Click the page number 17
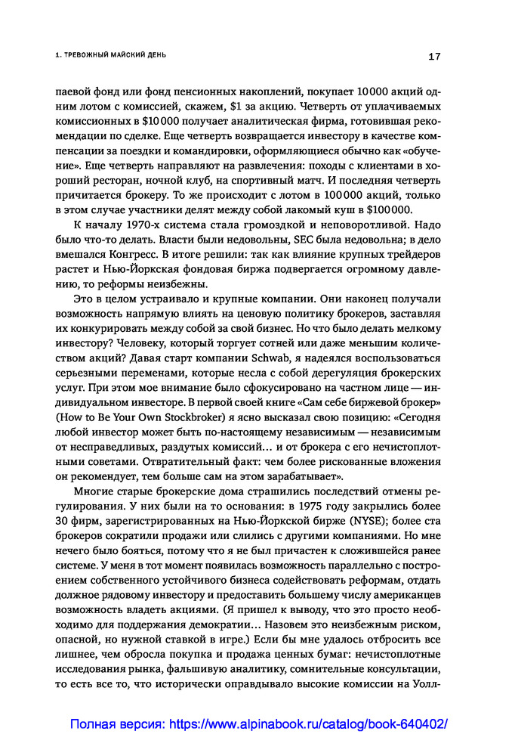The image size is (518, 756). click(435, 56)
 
